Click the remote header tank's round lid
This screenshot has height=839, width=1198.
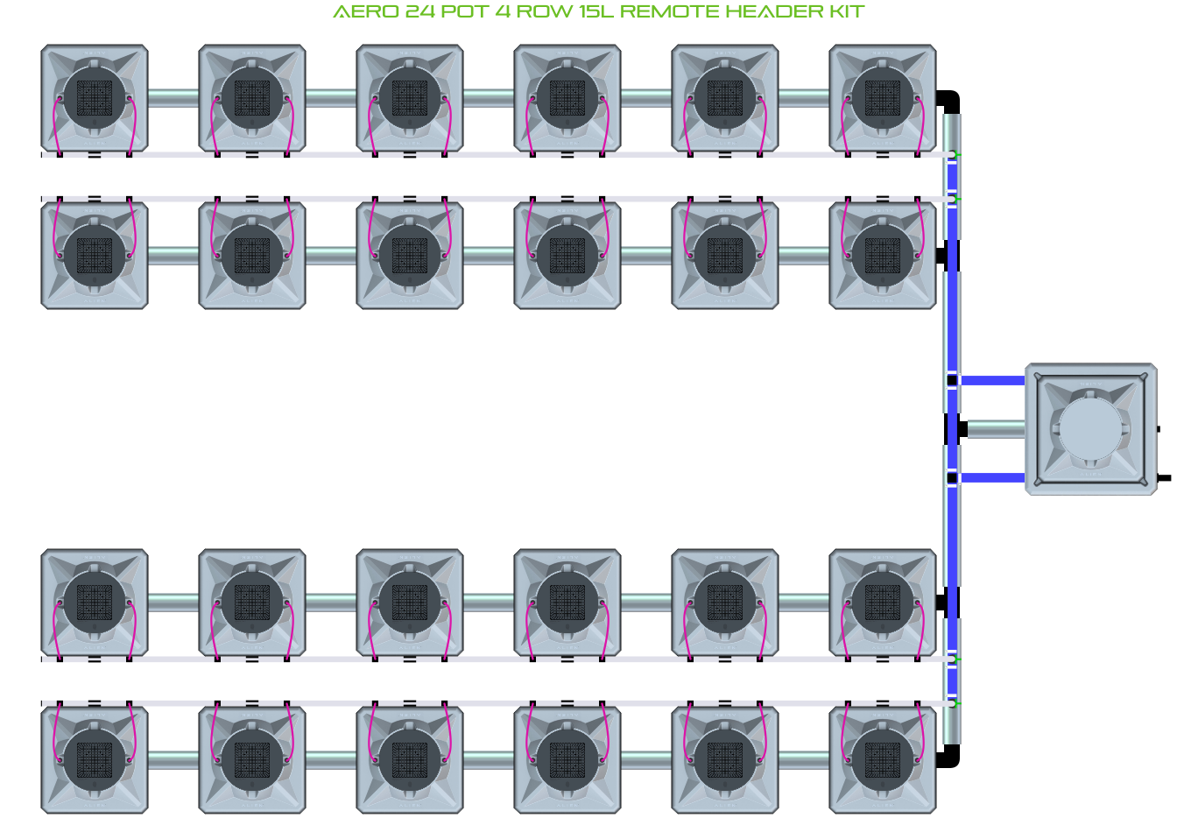coord(1090,429)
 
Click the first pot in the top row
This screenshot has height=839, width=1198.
coord(95,98)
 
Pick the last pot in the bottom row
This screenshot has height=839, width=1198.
coord(883,759)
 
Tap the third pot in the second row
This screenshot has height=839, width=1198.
coord(410,255)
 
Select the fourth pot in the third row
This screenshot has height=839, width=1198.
coord(567,603)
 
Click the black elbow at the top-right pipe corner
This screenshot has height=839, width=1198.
coord(949,100)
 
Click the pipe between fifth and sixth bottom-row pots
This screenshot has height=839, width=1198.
coord(804,759)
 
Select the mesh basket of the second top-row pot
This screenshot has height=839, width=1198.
coord(252,98)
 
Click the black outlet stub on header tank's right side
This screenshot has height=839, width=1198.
coord(1164,478)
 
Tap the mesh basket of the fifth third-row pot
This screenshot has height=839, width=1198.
coord(725,603)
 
